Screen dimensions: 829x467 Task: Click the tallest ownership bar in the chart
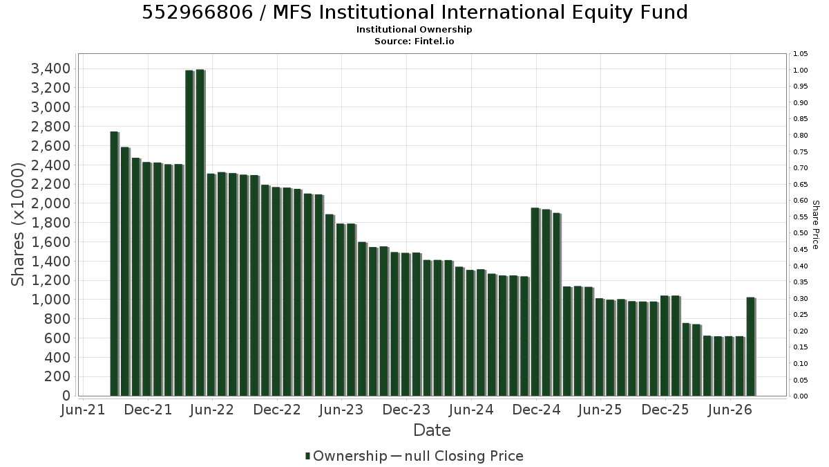(200, 232)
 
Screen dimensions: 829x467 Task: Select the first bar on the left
(115, 264)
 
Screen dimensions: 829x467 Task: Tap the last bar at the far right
(751, 347)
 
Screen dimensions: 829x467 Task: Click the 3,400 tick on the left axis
(50, 68)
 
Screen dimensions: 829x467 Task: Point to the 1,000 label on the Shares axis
(50, 300)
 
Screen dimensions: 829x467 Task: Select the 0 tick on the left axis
(66, 396)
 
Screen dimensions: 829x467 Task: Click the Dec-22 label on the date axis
(277, 410)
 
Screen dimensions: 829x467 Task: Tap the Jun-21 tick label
(83, 410)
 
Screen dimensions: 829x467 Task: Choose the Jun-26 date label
(730, 410)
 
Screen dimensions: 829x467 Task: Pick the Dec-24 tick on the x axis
(536, 410)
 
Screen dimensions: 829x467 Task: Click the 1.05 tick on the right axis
(800, 54)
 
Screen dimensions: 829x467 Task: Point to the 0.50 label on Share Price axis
(800, 233)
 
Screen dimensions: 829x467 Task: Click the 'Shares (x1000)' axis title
(17, 224)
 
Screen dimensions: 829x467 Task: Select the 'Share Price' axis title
(816, 225)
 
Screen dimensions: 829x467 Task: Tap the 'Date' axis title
(432, 430)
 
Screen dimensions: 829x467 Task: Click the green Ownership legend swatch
(307, 456)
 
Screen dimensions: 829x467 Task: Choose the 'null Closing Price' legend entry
(464, 456)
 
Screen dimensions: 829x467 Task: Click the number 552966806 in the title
(198, 12)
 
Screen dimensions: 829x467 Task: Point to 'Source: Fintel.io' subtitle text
(414, 41)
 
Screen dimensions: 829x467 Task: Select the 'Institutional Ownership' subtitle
(414, 30)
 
